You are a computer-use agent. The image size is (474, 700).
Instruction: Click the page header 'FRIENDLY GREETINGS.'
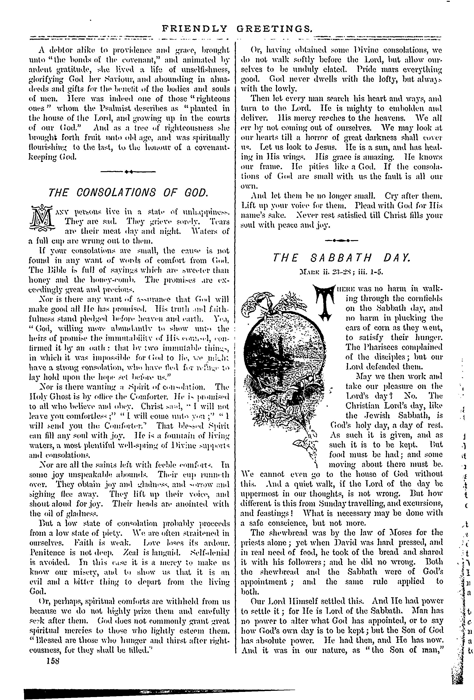pos(237,29)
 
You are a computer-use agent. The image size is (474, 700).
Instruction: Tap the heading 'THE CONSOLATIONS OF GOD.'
pos(128,193)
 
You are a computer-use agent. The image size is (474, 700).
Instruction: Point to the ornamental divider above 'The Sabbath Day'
pos(341,241)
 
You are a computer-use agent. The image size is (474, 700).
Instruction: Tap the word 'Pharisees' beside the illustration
pos(377,347)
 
